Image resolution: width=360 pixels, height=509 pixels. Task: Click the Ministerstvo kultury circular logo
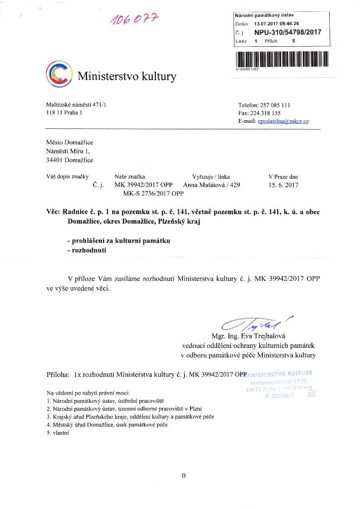coord(59,74)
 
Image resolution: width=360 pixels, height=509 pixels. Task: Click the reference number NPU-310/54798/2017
coord(287,33)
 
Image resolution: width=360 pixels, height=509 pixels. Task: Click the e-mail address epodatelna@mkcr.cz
coord(283,121)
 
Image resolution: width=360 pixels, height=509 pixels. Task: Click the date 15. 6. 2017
coord(284,185)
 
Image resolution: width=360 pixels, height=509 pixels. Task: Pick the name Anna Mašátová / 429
coord(211,185)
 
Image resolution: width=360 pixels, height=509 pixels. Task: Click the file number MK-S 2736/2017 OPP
coord(153,194)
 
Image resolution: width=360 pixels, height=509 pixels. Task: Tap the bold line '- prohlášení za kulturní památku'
coord(118,240)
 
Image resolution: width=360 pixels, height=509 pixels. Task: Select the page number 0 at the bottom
coord(183,475)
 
